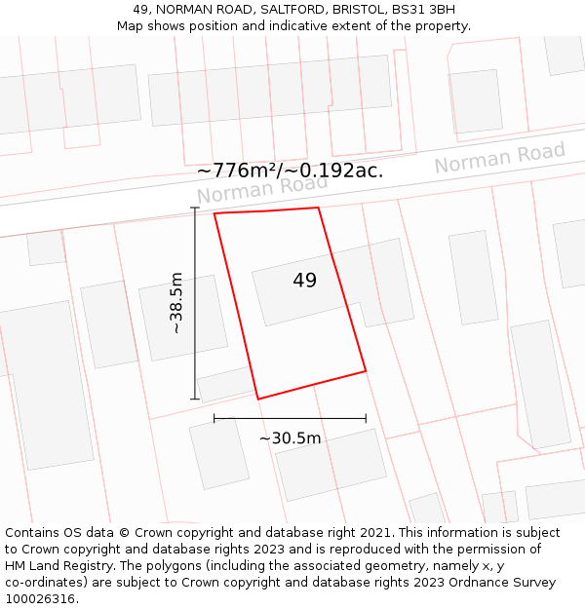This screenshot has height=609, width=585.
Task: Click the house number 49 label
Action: click(304, 281)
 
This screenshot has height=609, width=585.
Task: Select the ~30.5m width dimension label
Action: click(290, 438)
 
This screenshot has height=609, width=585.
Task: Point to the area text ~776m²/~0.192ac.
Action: click(290, 171)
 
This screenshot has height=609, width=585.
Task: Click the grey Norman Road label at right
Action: click(499, 157)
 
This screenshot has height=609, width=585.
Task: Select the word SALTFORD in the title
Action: click(290, 10)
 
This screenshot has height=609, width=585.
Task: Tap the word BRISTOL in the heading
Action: click(357, 10)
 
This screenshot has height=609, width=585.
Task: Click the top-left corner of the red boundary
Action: click(214, 212)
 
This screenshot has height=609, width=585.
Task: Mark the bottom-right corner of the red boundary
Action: click(366, 371)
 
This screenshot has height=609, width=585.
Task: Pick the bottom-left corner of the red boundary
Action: click(258, 399)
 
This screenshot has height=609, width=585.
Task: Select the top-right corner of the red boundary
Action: click(318, 208)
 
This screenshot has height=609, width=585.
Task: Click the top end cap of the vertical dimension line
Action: click(195, 208)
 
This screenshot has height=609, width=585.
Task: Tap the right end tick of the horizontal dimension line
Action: click(366, 418)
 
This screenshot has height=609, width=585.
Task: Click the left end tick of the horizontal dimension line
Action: click(214, 418)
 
